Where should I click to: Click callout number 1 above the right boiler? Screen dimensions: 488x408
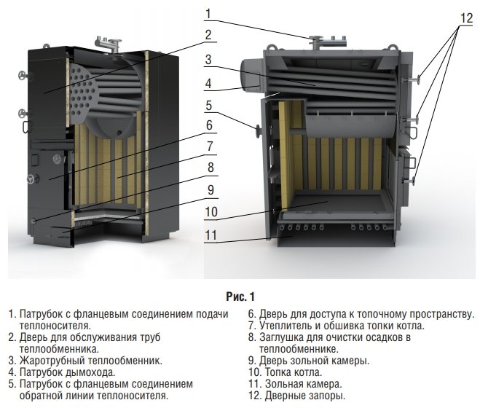pos(208,14)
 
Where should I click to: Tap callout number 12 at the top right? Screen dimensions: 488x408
pos(466,18)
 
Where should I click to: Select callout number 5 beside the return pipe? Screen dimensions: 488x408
pos(208,106)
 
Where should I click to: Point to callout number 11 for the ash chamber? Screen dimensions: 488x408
pos(210,235)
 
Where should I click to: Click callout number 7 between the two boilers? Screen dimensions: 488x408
pos(210,146)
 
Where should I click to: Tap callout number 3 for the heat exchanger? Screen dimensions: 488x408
pos(208,60)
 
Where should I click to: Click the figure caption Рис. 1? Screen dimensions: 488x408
pos(240,297)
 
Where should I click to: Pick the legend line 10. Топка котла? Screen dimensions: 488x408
pos(286,372)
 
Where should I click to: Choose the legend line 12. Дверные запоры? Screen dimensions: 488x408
pos(297,396)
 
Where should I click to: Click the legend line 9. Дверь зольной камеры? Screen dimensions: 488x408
pos(309,361)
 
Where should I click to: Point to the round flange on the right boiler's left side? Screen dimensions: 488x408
pos(258,132)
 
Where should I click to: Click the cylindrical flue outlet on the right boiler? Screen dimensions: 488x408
pos(251,75)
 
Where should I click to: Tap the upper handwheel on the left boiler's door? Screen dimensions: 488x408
pos(22,76)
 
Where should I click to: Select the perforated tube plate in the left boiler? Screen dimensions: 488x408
pos(82,94)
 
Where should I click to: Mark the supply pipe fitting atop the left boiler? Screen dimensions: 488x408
pos(109,45)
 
